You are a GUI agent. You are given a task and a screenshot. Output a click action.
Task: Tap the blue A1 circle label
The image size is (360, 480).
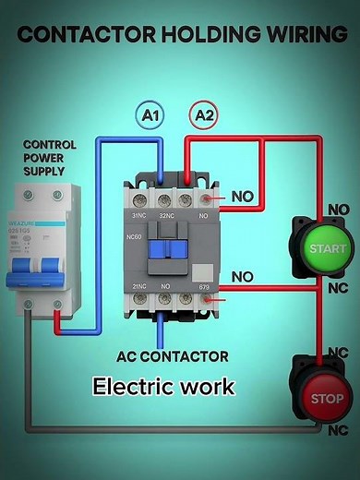pyautogui.click(x=150, y=115)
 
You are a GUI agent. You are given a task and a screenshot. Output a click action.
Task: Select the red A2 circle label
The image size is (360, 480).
pyautogui.click(x=203, y=115)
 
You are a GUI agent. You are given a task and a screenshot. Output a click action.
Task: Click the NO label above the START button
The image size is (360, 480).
pyautogui.click(x=339, y=210)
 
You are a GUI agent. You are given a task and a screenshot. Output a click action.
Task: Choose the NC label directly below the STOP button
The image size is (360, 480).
pyautogui.click(x=339, y=430)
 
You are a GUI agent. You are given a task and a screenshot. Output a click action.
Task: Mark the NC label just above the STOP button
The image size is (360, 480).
pyautogui.click(x=339, y=352)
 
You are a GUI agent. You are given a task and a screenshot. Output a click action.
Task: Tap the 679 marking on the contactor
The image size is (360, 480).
pyautogui.click(x=205, y=288)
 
